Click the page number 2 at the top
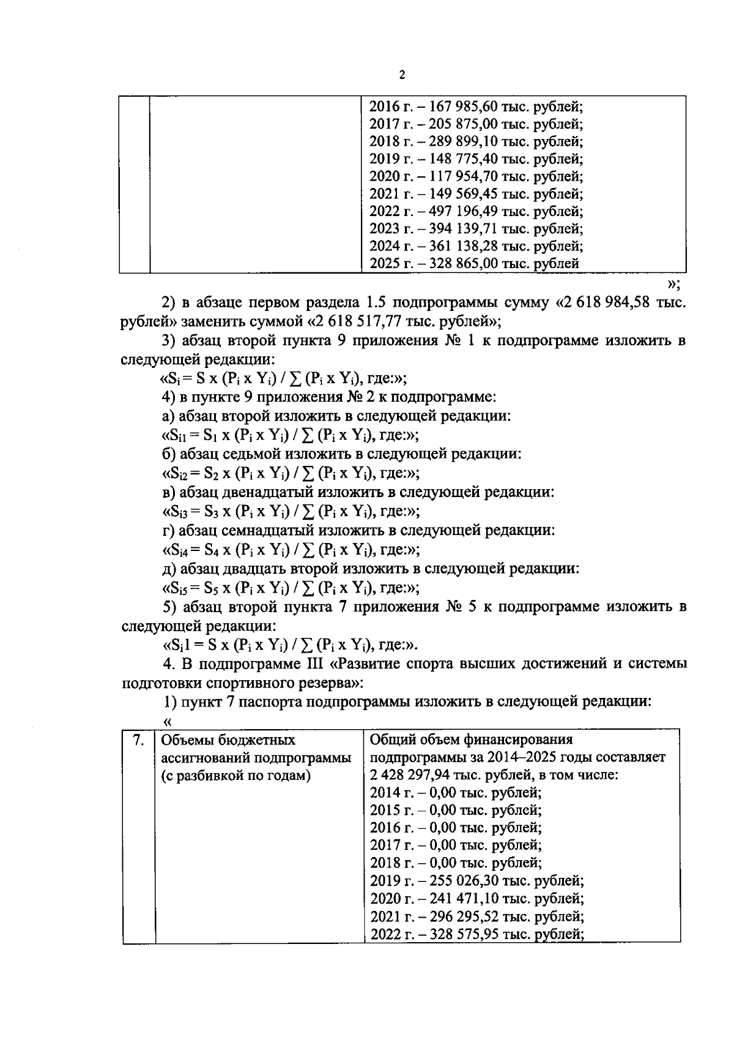coord(402,75)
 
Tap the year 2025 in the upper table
coord(384,264)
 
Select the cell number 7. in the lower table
coord(139,740)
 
